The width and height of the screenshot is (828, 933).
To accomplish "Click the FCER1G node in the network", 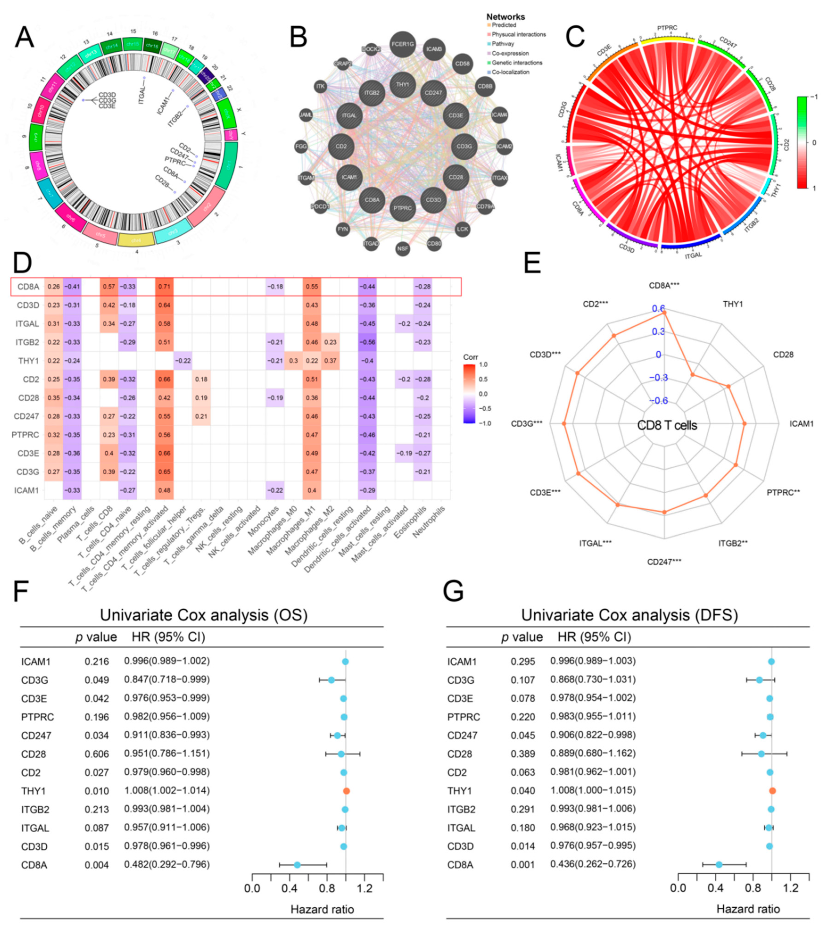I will pos(402,44).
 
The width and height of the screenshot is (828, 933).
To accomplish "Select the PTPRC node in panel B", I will pos(402,208).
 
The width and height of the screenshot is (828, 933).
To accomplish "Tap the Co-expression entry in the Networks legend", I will pos(510,54).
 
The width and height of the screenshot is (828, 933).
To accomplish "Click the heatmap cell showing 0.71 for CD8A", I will pos(164,287).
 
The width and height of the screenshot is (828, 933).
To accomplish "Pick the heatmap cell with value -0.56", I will pos(368,342).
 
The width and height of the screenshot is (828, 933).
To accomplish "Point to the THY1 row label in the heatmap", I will pos(28,361).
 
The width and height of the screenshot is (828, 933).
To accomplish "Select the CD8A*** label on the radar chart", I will pos(664,286).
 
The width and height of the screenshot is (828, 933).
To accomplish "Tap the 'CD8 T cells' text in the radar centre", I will pos(667,425).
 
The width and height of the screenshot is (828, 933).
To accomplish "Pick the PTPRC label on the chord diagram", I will pos(667,28).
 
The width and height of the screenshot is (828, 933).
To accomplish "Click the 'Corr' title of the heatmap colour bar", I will pos(471,357).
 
